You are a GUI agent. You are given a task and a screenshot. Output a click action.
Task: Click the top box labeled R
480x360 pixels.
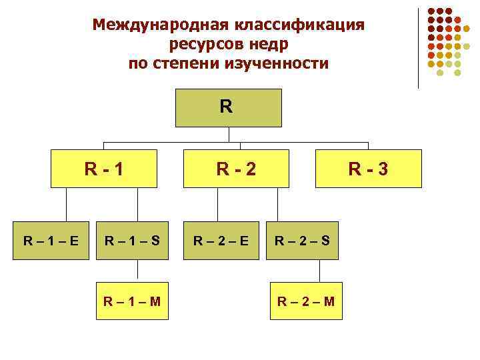(228, 107)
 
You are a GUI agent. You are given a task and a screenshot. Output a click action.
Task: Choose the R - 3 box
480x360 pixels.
(367, 168)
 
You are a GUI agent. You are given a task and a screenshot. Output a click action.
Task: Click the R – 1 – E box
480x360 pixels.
(51, 239)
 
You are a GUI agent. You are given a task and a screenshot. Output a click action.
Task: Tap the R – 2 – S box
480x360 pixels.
(303, 239)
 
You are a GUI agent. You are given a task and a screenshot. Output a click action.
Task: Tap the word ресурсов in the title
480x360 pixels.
(201, 45)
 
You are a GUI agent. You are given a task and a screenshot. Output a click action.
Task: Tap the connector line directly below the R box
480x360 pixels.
(229, 135)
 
